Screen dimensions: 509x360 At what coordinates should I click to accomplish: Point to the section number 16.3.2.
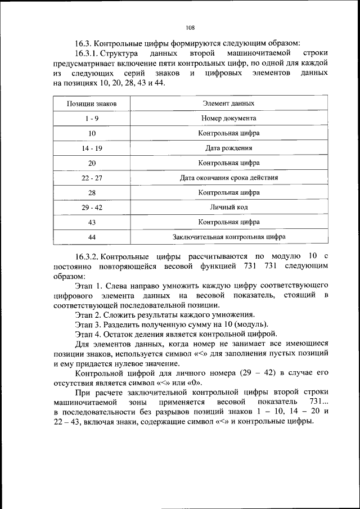[x=86, y=256]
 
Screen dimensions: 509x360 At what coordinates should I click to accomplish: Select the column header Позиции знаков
[x=92, y=104]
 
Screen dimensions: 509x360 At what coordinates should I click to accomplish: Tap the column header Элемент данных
[x=228, y=104]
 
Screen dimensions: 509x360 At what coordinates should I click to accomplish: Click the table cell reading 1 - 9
[x=92, y=119]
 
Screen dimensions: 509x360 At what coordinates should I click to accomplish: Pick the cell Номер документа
[x=228, y=119]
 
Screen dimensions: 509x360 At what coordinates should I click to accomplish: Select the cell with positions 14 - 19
[x=92, y=148]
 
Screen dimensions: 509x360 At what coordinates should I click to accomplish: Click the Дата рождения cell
[x=228, y=148]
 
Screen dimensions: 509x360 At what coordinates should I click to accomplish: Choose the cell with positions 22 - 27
[x=92, y=178]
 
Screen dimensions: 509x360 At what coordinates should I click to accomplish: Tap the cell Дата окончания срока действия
[x=228, y=178]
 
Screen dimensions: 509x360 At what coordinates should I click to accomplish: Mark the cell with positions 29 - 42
[x=92, y=208]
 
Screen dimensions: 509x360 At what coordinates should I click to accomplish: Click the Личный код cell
[x=228, y=208]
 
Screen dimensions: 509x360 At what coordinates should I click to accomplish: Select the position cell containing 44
[x=92, y=237]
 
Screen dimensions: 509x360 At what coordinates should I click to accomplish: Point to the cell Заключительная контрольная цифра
[x=228, y=237]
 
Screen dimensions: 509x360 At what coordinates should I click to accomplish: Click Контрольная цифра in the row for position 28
[x=228, y=192]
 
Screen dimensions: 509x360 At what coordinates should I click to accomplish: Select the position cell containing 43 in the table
[x=92, y=222]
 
